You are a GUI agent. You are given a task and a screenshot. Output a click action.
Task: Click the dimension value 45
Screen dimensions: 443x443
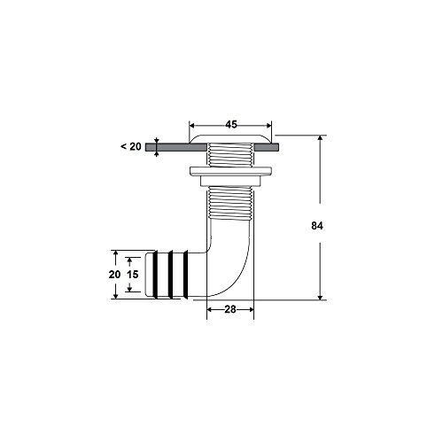230,125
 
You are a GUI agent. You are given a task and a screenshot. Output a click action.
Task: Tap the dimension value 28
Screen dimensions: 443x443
230,308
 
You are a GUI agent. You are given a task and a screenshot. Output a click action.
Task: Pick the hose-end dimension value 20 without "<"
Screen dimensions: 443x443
115,276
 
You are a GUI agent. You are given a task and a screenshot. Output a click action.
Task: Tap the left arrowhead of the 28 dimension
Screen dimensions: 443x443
210,308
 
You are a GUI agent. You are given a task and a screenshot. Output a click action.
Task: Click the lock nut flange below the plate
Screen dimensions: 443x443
230,168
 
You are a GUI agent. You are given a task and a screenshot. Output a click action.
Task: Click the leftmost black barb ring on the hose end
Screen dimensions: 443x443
151,276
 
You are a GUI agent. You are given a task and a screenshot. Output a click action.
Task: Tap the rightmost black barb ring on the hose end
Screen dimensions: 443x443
182,276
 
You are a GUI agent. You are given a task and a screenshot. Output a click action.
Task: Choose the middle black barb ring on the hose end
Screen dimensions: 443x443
167,276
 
